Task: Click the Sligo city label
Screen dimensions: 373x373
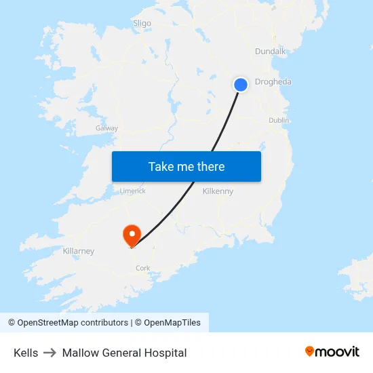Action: tap(142, 23)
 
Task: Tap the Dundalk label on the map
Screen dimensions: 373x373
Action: tap(271, 52)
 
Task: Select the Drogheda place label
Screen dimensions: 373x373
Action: tap(273, 82)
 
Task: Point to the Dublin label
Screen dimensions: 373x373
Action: tap(279, 120)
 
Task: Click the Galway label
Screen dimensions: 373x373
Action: tap(107, 128)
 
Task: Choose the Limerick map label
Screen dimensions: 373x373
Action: tap(132, 191)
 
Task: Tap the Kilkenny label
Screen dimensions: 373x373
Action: tap(218, 191)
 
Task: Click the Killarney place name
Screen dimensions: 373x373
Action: tap(79, 251)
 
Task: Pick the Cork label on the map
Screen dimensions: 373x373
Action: tap(143, 268)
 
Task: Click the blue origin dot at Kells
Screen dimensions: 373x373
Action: tap(241, 85)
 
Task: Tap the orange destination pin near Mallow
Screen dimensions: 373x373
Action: tap(131, 235)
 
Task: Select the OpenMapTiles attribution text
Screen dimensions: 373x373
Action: tap(172, 323)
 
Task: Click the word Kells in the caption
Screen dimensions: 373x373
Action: tap(26, 353)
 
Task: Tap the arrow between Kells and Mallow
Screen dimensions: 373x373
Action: tap(50, 353)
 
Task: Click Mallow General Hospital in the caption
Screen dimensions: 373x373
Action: tap(124, 353)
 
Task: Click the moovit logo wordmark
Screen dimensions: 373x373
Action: tap(338, 352)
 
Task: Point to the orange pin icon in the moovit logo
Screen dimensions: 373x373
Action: tap(310, 351)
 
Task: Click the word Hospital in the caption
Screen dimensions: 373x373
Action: tap(165, 353)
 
